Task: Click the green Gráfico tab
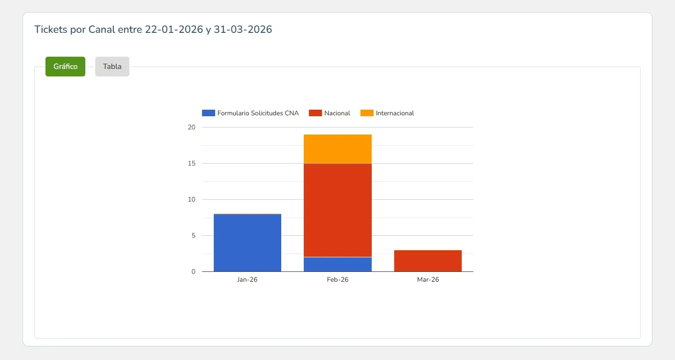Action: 65,66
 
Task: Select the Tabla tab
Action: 112,66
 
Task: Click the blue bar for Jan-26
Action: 247,243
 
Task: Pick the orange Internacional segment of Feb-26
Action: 337,149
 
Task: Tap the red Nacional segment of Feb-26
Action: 337,210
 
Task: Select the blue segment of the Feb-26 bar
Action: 337,264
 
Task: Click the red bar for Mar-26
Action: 428,261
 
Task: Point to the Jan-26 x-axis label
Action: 247,279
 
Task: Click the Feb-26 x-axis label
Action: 337,279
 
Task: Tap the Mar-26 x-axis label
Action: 428,279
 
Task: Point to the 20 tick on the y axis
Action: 192,127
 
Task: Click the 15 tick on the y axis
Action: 192,163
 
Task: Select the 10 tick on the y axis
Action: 192,199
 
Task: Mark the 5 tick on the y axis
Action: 194,236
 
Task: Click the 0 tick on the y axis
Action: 194,271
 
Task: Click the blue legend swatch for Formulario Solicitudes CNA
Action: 209,113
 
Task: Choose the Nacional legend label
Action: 337,113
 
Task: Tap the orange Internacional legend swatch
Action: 367,113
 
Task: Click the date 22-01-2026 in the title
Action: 174,30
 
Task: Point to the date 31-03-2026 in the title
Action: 243,30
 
